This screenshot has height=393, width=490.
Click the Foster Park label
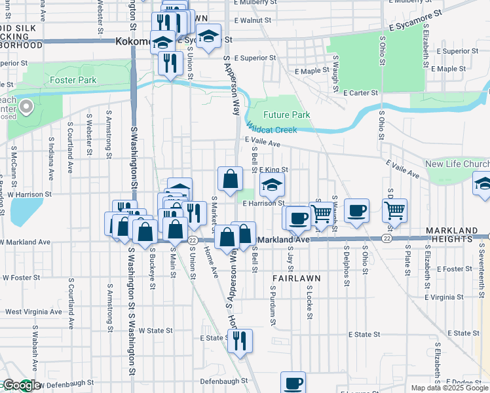(x=73, y=81)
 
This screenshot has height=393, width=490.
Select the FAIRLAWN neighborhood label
(x=296, y=278)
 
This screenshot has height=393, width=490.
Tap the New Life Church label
(x=457, y=164)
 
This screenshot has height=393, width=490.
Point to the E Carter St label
(x=360, y=94)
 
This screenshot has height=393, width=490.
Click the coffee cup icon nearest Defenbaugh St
(x=293, y=383)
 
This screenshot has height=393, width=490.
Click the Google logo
(x=21, y=386)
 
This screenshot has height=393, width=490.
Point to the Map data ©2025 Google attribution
(x=449, y=388)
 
